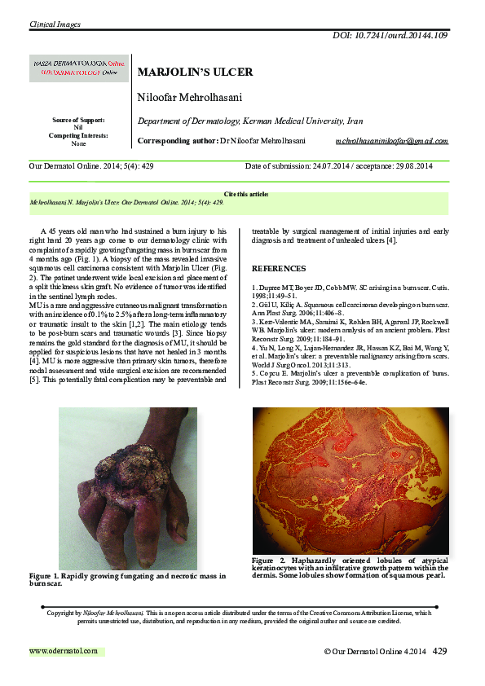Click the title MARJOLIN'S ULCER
[195, 72]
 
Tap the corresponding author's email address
[391, 141]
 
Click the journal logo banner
[74, 67]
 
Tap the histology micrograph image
[350, 481]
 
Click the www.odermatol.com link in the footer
[64, 651]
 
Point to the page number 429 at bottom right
[440, 651]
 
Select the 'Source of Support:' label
[78, 121]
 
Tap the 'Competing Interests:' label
[78, 135]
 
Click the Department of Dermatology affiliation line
[249, 121]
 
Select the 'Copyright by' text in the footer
[65, 612]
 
